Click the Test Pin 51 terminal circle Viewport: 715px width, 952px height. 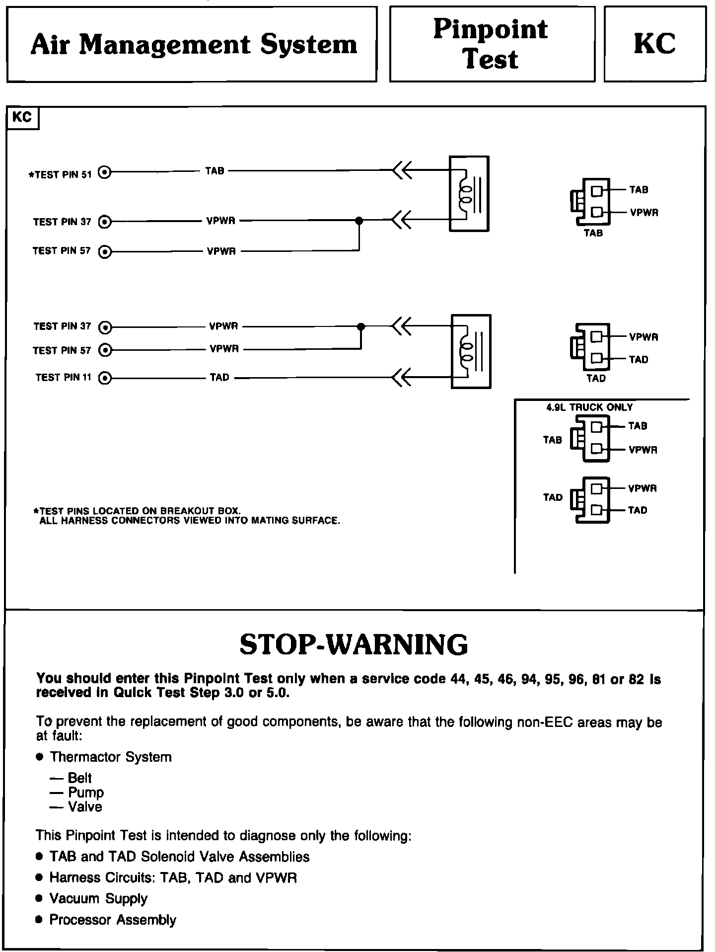click(105, 172)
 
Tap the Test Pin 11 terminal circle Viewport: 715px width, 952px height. click(105, 378)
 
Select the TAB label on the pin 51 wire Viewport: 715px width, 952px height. click(215, 171)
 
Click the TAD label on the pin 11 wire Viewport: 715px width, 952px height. click(219, 378)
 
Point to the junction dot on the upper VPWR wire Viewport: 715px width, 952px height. click(359, 221)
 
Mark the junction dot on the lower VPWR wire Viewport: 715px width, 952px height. click(361, 326)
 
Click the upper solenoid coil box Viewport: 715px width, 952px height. click(469, 194)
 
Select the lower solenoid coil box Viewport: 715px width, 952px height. click(471, 351)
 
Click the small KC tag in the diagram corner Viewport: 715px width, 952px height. click(22, 117)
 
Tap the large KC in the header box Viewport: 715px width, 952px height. click(654, 44)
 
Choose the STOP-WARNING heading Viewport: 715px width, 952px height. click(354, 644)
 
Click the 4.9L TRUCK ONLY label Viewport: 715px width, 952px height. click(589, 407)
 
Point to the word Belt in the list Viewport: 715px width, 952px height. click(80, 778)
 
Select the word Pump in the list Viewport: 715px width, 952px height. click(86, 793)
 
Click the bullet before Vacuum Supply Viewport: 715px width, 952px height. click(40, 899)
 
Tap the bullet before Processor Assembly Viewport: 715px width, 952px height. click(40, 920)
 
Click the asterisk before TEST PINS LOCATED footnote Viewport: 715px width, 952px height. click(36, 511)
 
